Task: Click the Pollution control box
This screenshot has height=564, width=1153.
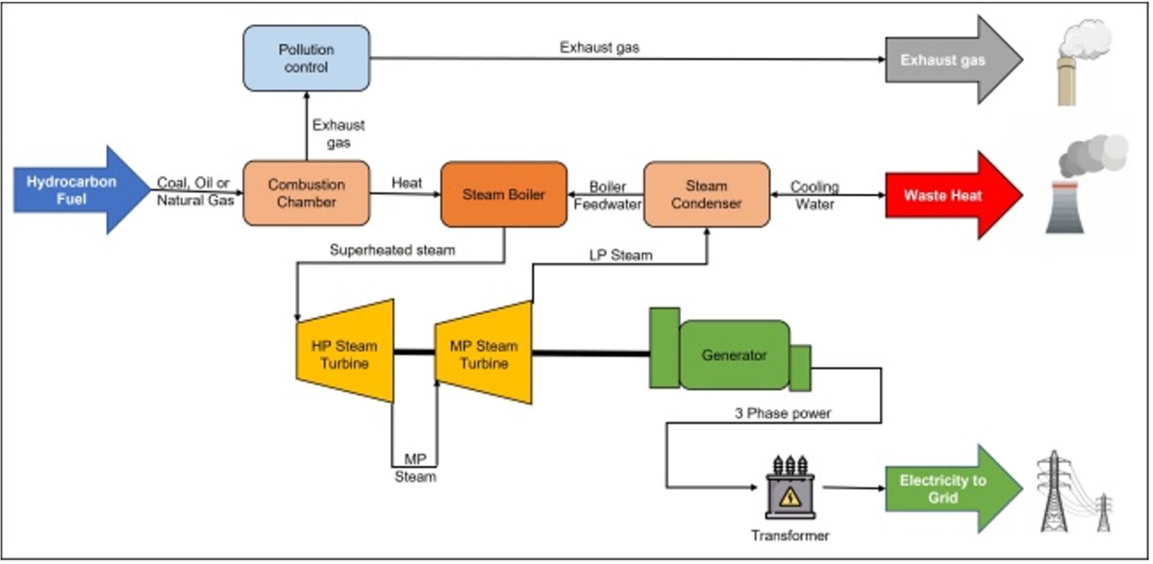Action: click(x=306, y=58)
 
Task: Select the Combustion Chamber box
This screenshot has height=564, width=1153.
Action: click(x=306, y=193)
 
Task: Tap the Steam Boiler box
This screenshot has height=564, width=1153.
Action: click(x=504, y=195)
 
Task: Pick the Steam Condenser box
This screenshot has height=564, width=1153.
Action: click(x=706, y=195)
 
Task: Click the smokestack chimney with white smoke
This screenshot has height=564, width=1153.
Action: click(x=1077, y=64)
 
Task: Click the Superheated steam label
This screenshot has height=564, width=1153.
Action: click(x=392, y=250)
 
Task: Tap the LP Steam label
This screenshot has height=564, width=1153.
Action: click(x=621, y=255)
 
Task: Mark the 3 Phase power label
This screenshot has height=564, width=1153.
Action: click(x=783, y=413)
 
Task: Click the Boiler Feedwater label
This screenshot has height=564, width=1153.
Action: click(x=607, y=195)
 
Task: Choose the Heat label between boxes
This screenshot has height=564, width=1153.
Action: click(x=406, y=183)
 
